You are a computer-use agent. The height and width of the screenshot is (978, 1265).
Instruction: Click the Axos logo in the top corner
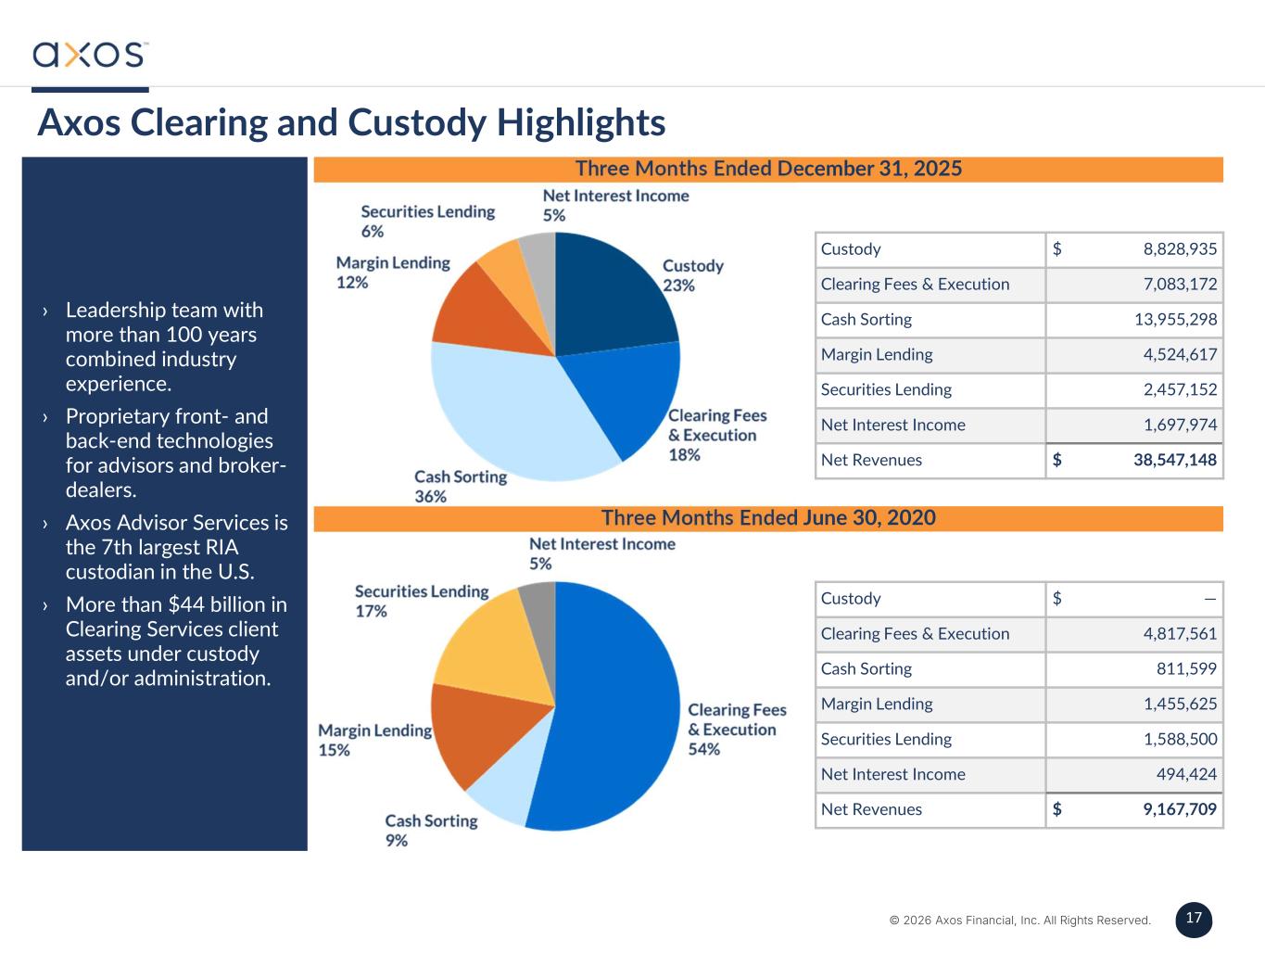(x=89, y=54)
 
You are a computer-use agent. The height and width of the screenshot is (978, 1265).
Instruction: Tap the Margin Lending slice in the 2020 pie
(x=477, y=737)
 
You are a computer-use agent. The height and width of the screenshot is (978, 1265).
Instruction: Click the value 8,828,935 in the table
(x=1180, y=249)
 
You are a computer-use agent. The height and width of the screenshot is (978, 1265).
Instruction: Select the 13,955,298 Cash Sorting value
(x=1175, y=320)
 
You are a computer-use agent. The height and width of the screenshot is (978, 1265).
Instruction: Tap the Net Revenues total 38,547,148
(x=1174, y=461)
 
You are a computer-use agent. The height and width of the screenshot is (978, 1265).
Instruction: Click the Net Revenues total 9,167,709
(x=1179, y=810)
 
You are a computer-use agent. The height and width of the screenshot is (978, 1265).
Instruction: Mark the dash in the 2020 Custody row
(x=1209, y=599)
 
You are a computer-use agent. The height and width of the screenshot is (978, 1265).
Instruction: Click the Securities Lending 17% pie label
(x=421, y=601)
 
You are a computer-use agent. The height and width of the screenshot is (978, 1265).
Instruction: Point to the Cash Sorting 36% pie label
(x=460, y=487)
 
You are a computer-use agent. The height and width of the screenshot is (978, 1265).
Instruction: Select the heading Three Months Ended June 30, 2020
(x=768, y=518)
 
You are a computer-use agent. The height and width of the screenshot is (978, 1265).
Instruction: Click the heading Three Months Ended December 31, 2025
(x=768, y=169)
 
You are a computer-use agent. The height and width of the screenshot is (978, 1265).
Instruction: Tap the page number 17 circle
(x=1194, y=919)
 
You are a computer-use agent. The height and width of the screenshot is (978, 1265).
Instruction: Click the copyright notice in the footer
(x=1019, y=921)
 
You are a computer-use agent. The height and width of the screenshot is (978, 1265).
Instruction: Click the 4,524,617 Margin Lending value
(x=1180, y=355)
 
